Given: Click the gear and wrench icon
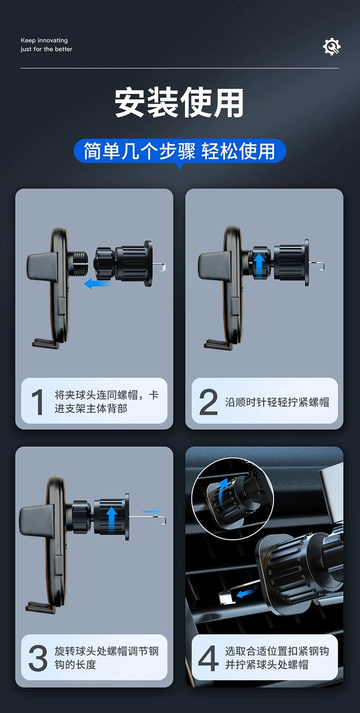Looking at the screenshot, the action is pyautogui.click(x=332, y=46).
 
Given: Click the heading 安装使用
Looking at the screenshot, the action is pyautogui.click(x=179, y=103).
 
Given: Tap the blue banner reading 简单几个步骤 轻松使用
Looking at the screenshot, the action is pyautogui.click(x=180, y=151).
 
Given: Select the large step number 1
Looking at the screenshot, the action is pyautogui.click(x=37, y=402).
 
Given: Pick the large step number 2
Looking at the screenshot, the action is pyautogui.click(x=208, y=402).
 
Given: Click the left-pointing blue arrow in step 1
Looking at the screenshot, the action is pyautogui.click(x=97, y=283).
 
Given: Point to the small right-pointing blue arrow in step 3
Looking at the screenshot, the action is pyautogui.click(x=151, y=511).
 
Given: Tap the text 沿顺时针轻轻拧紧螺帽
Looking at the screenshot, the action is pyautogui.click(x=277, y=402).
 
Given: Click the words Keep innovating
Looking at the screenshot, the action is pyautogui.click(x=44, y=41).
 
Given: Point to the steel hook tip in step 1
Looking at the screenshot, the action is pyautogui.click(x=163, y=267).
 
